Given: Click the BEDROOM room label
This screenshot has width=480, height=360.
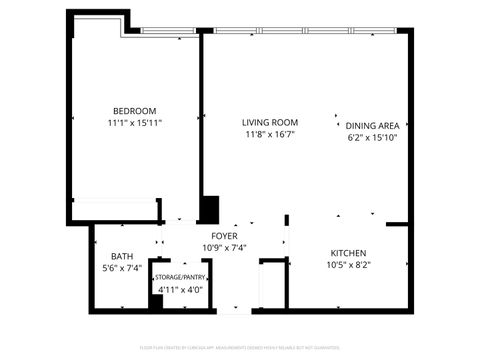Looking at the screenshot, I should [x=135, y=110].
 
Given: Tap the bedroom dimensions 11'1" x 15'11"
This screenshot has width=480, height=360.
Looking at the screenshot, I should [x=135, y=122].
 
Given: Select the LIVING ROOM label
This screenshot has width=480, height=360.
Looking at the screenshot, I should [x=269, y=122].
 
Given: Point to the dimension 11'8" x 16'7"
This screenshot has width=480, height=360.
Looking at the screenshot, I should [x=269, y=134].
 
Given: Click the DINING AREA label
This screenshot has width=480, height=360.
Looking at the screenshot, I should [x=373, y=126].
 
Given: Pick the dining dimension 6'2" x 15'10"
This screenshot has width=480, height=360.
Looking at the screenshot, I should [x=373, y=138].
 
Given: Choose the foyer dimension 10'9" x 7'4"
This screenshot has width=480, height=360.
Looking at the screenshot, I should [x=224, y=247].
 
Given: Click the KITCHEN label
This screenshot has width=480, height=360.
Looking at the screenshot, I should [x=348, y=253].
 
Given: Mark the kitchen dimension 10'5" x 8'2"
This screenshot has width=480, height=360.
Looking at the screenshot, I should [x=348, y=265].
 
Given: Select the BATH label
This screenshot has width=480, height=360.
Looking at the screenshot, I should [x=122, y=256].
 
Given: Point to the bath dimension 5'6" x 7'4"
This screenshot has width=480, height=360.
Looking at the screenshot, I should [x=122, y=268].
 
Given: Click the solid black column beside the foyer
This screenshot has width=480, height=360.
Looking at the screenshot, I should [x=210, y=209].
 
